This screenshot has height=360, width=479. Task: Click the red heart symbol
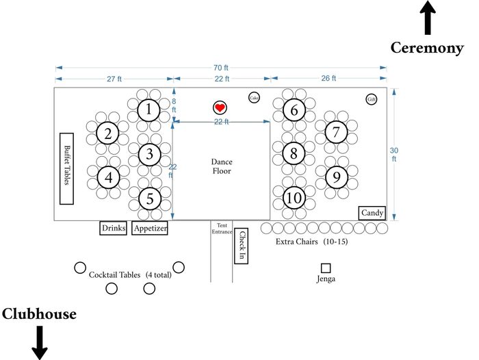pos(220,107)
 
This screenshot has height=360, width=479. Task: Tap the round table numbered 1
pos(148,110)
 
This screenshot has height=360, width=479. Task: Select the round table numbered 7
pos(336,132)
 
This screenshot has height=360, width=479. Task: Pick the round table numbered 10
pos(294,198)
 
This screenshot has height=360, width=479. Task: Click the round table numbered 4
pos(108,177)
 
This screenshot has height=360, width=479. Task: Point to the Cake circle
pos(254,97)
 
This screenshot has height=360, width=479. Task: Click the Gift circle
pos(371,99)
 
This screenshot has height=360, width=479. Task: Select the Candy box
pos(372,213)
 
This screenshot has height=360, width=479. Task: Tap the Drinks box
pos(114,228)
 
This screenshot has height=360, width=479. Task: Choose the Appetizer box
pos(150,228)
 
